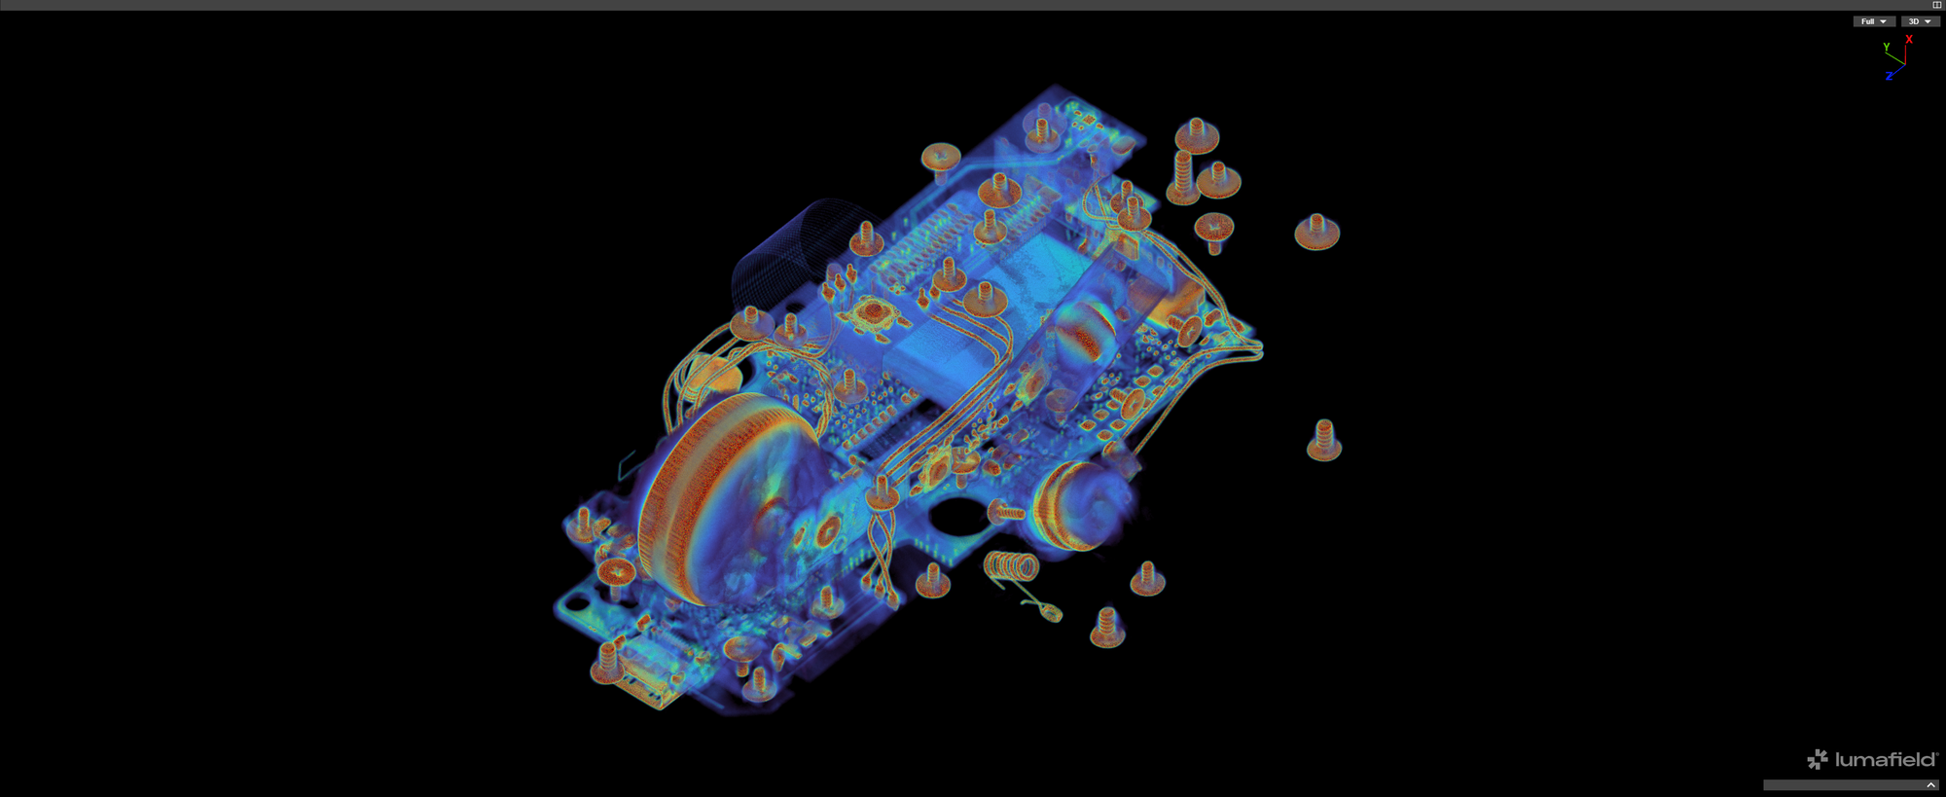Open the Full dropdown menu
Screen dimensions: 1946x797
click(x=1873, y=21)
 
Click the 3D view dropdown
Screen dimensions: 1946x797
click(x=1920, y=21)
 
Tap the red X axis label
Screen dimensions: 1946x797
click(x=1909, y=40)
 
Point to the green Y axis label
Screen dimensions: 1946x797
click(x=1886, y=47)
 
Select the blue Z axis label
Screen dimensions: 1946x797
click(x=1889, y=76)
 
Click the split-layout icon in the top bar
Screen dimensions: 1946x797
click(x=1936, y=5)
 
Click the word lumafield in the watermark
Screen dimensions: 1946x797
click(x=1886, y=760)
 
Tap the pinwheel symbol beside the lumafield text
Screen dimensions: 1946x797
click(x=1818, y=760)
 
